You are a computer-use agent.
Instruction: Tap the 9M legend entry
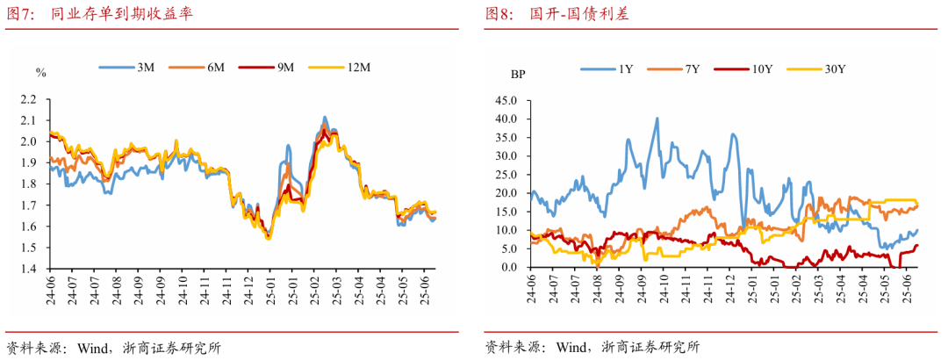(269, 67)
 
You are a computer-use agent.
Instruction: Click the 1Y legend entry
(607, 68)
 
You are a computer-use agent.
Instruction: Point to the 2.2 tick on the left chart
(28, 98)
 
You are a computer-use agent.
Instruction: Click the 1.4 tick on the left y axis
(28, 269)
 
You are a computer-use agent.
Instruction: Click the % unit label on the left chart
(39, 72)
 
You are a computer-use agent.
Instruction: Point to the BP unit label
(518, 74)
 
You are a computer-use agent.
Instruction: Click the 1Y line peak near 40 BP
(657, 119)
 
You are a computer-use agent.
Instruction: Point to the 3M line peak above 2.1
(325, 117)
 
